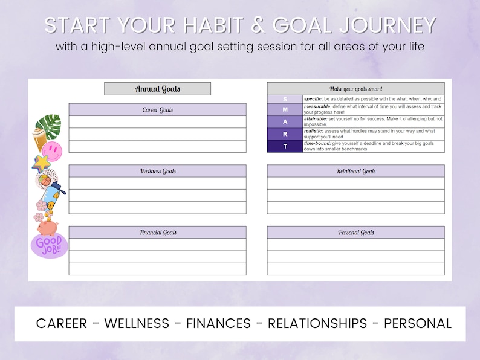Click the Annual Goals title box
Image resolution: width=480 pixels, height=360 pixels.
(157, 89)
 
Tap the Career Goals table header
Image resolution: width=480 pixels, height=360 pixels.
(157, 110)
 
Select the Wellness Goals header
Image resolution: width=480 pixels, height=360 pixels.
(157, 171)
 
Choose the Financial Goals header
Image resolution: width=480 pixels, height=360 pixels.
(157, 233)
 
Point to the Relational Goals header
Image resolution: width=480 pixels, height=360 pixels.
(355, 171)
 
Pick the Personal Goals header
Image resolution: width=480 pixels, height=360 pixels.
(355, 233)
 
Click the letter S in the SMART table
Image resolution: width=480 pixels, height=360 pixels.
(285, 99)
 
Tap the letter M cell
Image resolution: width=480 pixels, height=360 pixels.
(285, 110)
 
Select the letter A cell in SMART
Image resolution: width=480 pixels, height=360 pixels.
(285, 122)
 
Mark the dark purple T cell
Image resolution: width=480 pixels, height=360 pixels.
(285, 146)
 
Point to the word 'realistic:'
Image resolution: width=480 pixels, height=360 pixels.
(313, 131)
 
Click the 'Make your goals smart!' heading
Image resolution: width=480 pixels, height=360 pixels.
(355, 89)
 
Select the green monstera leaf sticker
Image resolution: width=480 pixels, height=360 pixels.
(50, 126)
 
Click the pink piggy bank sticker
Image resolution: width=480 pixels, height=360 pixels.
(47, 227)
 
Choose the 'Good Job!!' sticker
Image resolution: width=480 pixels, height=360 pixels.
(50, 245)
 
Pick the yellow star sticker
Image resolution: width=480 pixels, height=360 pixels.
(41, 162)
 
